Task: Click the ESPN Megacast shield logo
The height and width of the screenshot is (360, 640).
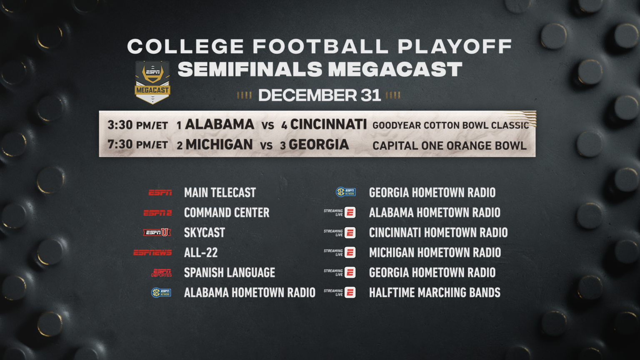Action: point(152,82)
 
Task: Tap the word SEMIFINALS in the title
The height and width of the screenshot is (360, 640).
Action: point(250,70)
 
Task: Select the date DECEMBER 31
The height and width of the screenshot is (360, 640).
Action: point(320,95)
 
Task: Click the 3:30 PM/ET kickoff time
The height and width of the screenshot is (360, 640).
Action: point(137,125)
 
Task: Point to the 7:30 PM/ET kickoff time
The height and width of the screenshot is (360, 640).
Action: point(137,145)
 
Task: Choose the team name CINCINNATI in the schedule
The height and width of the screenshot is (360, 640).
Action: point(328,125)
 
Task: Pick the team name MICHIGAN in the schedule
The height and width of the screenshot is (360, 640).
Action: point(219,145)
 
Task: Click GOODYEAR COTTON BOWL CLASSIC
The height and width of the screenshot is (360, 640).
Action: point(450,125)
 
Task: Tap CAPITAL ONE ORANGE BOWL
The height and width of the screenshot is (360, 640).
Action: point(450,146)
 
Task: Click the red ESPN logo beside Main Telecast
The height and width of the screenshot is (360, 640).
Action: point(160,192)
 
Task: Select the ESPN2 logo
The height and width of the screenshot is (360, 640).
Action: point(157,213)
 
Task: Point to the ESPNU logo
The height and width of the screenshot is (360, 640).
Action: point(157,232)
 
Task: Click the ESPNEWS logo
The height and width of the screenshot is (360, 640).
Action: point(152,252)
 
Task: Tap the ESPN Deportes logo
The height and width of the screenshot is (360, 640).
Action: point(161,273)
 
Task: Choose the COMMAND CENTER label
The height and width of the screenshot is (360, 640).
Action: point(227,213)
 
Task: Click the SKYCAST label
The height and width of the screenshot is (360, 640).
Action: point(205,233)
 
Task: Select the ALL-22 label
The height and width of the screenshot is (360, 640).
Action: point(201,253)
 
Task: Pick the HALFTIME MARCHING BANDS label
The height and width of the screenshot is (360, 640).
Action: point(435,293)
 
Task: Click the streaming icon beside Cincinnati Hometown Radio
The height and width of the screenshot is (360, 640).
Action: point(350,233)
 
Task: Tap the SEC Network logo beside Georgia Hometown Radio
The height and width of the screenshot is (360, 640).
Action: point(346,192)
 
